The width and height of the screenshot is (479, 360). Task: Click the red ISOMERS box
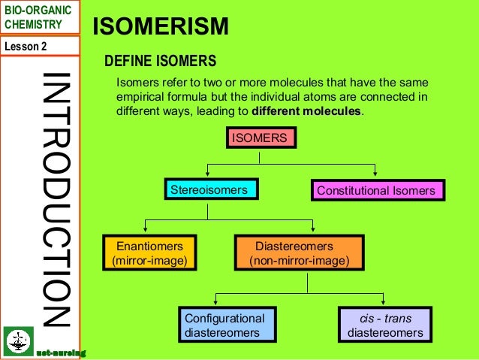point(259,138)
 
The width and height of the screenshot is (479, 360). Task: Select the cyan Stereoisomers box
point(209,190)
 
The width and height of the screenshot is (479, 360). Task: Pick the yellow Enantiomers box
point(149,253)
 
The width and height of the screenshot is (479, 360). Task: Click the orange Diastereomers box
point(299,253)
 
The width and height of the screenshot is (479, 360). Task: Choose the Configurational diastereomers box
point(224,325)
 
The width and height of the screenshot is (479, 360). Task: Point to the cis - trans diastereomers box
point(385,325)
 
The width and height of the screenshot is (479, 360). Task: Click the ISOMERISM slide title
point(160,28)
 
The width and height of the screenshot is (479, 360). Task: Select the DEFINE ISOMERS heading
point(160,61)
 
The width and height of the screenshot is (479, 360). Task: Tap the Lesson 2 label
point(26,46)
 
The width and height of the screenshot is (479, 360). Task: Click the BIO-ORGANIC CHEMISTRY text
point(38,17)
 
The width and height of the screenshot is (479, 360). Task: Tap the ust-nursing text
point(61,352)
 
